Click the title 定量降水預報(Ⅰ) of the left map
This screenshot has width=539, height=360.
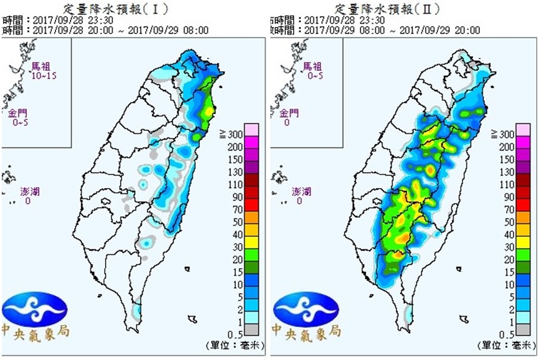click(116, 8)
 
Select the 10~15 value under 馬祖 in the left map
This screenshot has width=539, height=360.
click(42, 76)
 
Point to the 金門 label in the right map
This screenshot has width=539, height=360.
click(291, 113)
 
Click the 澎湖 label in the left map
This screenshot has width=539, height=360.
click(29, 192)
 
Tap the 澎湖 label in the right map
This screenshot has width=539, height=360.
click(301, 192)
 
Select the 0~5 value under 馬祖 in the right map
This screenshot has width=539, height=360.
click(312, 76)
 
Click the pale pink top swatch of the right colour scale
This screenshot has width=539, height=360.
click(523, 130)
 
